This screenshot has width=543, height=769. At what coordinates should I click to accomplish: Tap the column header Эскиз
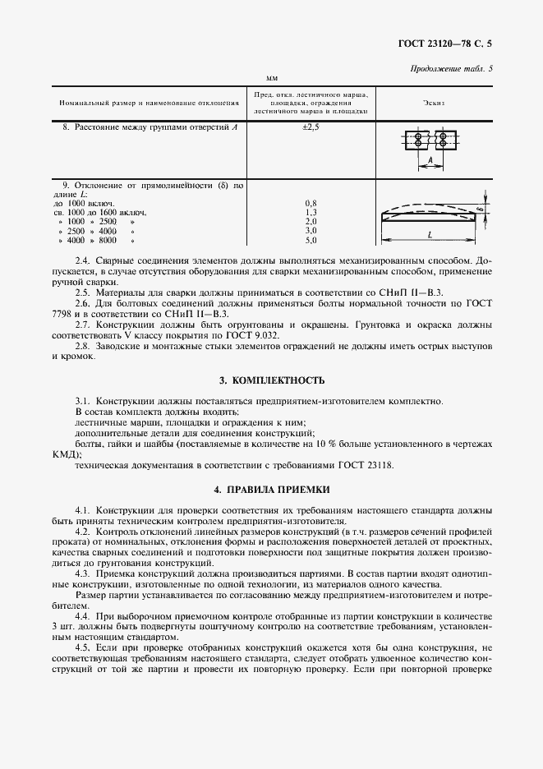click(x=433, y=104)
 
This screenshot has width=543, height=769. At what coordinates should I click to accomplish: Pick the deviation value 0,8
click(x=311, y=202)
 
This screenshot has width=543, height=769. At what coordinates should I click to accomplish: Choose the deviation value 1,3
click(x=311, y=212)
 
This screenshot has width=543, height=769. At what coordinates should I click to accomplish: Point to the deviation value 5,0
click(x=311, y=241)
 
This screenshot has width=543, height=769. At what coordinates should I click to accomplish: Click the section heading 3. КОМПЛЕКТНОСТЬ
click(x=271, y=380)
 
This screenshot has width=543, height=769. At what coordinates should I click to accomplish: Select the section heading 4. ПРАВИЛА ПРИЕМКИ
click(x=271, y=490)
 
